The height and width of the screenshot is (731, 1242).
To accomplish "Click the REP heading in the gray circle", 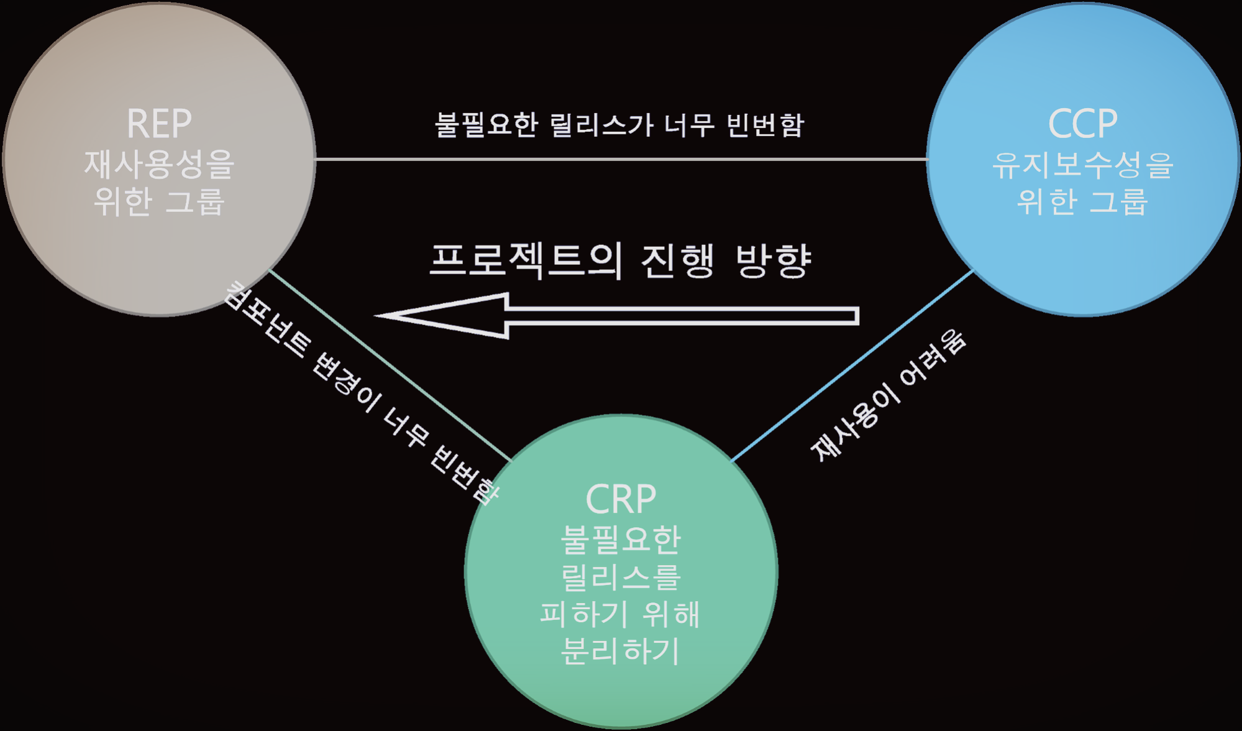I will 159,124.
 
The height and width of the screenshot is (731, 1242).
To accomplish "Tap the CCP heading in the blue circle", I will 1082,124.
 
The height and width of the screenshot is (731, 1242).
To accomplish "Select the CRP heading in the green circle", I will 621,499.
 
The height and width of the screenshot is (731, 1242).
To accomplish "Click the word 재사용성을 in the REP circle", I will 159,165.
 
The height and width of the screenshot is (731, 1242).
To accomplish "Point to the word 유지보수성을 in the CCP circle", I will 1082,165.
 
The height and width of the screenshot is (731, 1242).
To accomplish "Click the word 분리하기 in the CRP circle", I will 621,651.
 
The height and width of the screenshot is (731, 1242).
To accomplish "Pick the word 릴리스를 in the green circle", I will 621,577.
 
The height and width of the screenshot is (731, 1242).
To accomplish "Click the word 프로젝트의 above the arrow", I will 526,260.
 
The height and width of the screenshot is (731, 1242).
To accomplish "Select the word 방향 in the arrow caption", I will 774,260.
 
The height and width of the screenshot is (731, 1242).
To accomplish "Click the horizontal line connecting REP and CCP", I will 621,159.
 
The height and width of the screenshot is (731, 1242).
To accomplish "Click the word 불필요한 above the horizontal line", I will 485,125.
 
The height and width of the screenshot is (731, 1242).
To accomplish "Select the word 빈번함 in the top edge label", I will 765,125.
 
